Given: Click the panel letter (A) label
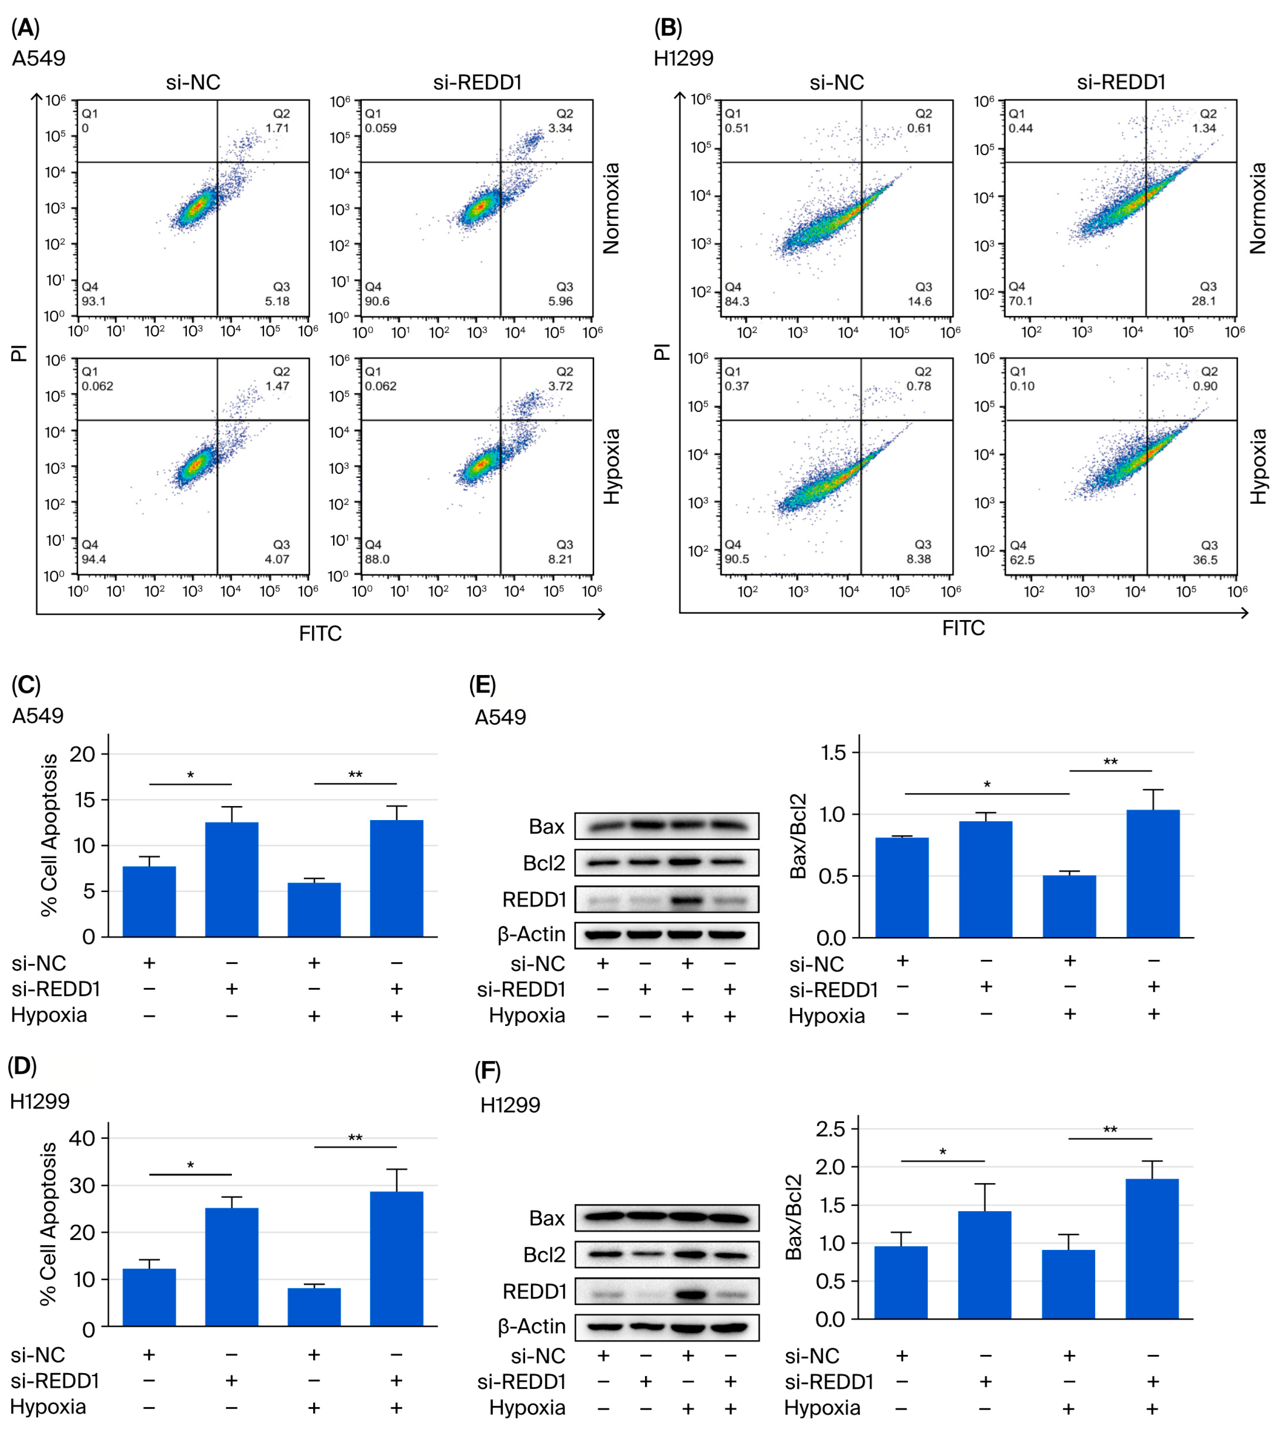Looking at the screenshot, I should click(25, 28).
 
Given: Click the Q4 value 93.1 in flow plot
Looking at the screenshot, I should click(94, 301).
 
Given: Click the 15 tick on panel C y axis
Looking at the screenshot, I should click(82, 800).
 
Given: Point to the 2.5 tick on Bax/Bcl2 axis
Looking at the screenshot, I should click(831, 1129).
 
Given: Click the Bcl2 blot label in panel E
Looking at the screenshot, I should click(544, 863).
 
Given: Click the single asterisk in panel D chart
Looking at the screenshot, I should click(190, 1166).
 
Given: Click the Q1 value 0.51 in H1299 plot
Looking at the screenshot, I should click(737, 128).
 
